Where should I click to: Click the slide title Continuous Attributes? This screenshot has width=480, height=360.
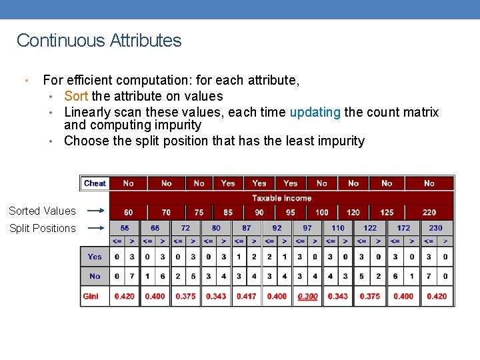[x=99, y=41]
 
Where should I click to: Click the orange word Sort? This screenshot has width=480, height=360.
[x=76, y=96]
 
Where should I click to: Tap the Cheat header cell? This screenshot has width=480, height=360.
[x=95, y=183]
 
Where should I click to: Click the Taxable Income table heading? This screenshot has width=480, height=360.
[x=281, y=198]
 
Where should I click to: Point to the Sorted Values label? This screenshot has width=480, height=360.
[x=42, y=211]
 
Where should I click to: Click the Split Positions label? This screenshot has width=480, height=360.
[x=42, y=228]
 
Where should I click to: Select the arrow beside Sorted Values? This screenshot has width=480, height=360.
[x=97, y=211]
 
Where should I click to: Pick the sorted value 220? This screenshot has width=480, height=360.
[x=429, y=213]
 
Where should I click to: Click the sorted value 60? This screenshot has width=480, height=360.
[x=128, y=213]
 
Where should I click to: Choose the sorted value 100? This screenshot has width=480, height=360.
[x=322, y=213]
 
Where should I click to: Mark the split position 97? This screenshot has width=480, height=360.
[x=307, y=228]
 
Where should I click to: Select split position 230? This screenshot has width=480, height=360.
[x=435, y=228]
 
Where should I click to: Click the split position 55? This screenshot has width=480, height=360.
[x=125, y=228]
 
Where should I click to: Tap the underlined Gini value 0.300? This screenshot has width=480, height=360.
[x=307, y=296]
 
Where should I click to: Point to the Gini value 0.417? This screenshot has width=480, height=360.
[x=246, y=296]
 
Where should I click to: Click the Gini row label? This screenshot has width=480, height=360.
[x=91, y=296]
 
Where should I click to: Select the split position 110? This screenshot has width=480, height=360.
[x=338, y=228]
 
